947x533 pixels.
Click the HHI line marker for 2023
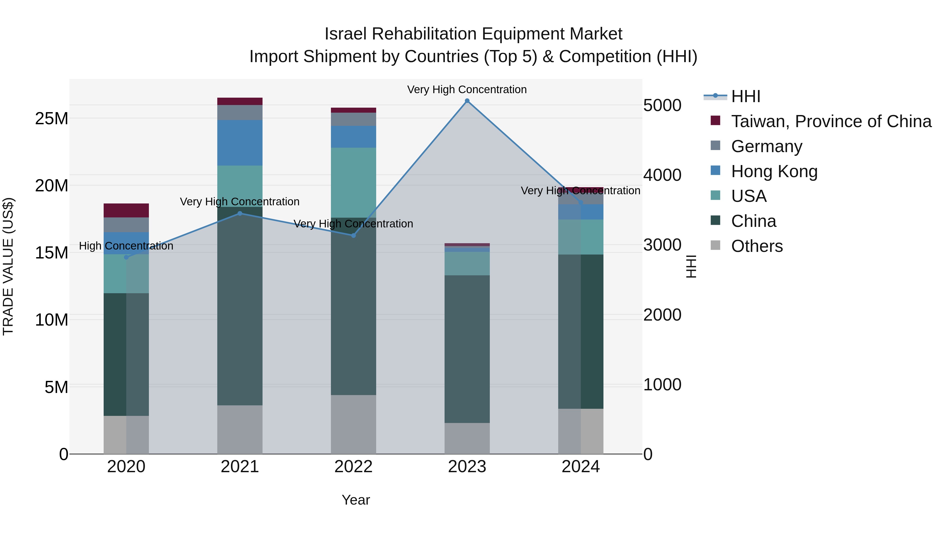click(x=467, y=101)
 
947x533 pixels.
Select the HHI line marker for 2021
click(x=240, y=213)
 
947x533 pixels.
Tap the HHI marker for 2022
click(x=353, y=235)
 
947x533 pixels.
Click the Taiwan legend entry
click(x=831, y=121)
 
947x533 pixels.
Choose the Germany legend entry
click(x=767, y=146)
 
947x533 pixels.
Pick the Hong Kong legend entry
click(x=774, y=171)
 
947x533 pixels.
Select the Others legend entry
click(x=757, y=246)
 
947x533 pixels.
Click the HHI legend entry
click(x=745, y=96)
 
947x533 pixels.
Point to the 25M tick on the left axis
click(x=52, y=118)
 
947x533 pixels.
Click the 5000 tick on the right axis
click(x=662, y=105)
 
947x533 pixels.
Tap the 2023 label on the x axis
click(x=467, y=467)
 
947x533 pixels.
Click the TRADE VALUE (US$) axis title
click(x=8, y=266)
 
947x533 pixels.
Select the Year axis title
click(x=355, y=500)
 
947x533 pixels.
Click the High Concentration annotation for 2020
click(x=126, y=246)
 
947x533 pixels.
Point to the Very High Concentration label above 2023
click(x=467, y=89)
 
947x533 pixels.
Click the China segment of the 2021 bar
click(x=240, y=305)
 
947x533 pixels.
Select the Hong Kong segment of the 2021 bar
click(x=240, y=143)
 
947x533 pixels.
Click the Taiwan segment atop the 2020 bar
click(x=126, y=210)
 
